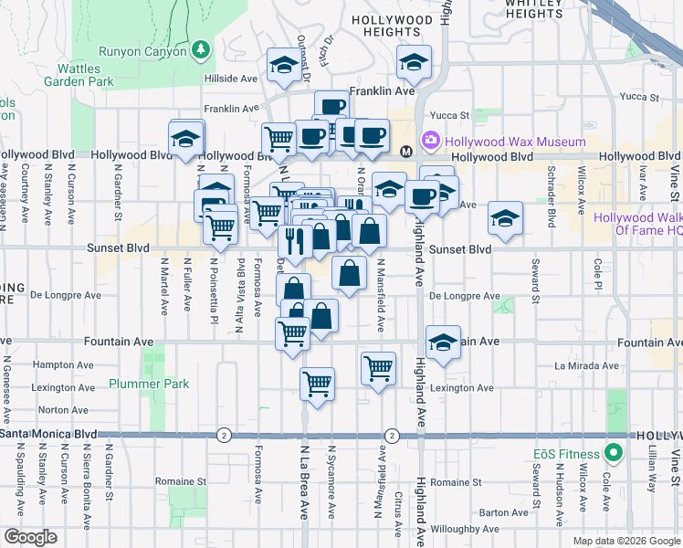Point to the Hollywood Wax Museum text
coord(514,142)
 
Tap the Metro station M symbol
coord(406,150)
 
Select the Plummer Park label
coord(148,384)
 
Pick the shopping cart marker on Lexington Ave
coord(317,384)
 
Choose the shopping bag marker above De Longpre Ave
coord(350,271)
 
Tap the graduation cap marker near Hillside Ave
coord(283,66)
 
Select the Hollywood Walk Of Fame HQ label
coord(638,224)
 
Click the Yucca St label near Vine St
coord(638,96)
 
